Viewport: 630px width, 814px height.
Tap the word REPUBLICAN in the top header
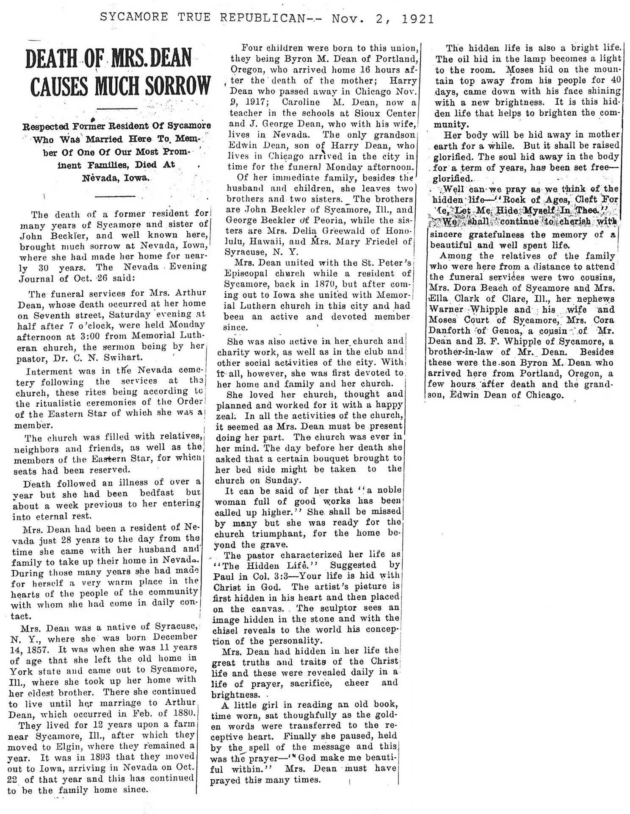point(262,18)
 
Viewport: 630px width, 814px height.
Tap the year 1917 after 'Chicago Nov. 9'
point(254,102)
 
